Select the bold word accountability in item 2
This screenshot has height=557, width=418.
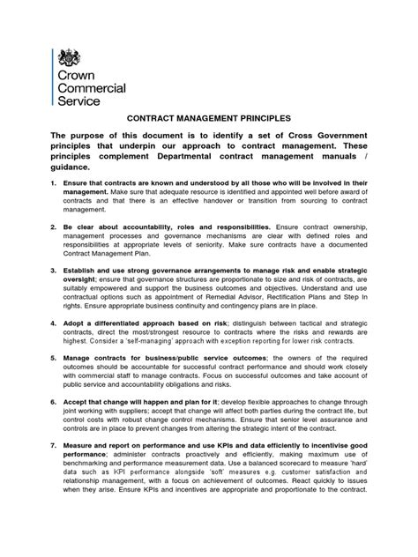pos(148,227)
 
